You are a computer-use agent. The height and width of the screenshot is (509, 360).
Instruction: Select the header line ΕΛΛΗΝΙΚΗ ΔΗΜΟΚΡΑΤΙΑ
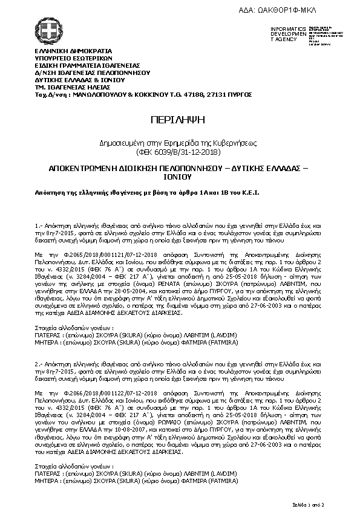pyautogui.click(x=65, y=51)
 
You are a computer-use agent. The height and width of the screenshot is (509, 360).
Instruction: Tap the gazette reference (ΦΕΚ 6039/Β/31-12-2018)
pyautogui.click(x=180, y=153)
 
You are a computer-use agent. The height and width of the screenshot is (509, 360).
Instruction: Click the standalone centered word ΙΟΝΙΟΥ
pyautogui.click(x=180, y=178)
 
